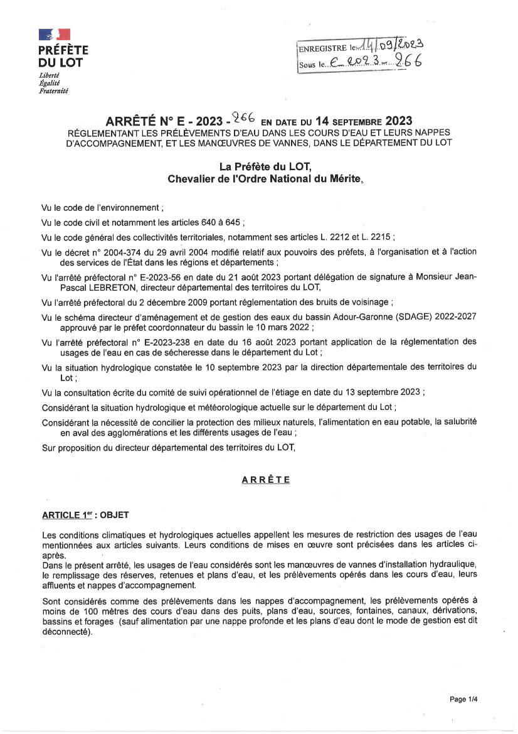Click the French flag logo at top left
pyautogui.click(x=55, y=35)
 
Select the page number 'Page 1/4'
pyautogui.click(x=465, y=699)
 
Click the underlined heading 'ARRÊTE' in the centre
pyautogui.click(x=266, y=480)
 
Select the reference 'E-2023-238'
pyautogui.click(x=172, y=342)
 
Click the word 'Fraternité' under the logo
pyautogui.click(x=53, y=91)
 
